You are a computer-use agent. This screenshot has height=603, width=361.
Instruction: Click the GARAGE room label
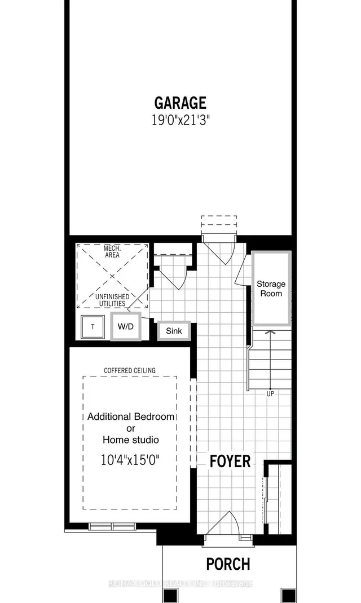tap(180, 103)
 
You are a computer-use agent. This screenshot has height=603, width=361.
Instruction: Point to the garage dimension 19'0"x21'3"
tap(180, 120)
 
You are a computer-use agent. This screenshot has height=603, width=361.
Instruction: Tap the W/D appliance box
tap(126, 327)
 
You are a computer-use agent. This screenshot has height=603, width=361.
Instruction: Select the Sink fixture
tap(174, 331)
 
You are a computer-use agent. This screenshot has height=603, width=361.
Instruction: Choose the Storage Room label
tap(271, 289)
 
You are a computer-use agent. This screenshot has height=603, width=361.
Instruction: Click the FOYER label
tap(230, 461)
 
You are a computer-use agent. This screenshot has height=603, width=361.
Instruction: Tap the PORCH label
tap(227, 564)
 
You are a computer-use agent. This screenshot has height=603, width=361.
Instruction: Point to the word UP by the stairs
tap(270, 393)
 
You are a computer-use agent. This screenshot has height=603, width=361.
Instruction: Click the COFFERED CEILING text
tap(130, 370)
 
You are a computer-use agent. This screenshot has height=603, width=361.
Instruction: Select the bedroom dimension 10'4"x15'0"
tap(130, 459)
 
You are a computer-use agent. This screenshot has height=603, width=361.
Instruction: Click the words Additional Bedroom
tap(131, 417)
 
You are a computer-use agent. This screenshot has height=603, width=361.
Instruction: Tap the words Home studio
tap(130, 440)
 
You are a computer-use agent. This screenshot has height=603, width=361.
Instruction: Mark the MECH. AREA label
tap(113, 251)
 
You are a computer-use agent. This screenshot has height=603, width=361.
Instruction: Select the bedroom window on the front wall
tap(112, 526)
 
